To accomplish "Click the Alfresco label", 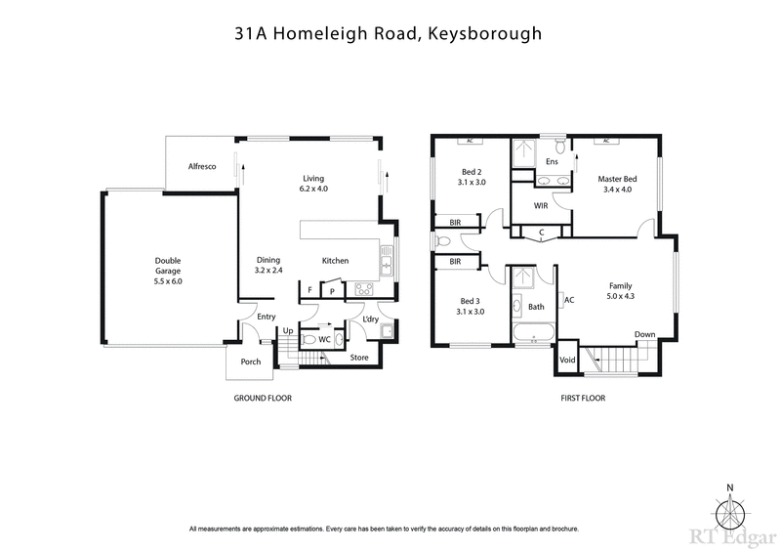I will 202,168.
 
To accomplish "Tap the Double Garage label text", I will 168,261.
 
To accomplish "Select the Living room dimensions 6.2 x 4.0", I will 313,189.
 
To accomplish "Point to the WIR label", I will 540,206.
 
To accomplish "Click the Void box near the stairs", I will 567,361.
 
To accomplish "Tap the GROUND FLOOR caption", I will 263,398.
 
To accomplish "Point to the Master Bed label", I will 617,179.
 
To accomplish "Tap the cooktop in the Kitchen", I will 364,288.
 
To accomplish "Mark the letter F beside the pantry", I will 310,290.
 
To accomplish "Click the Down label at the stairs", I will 644,334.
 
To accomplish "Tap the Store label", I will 359,357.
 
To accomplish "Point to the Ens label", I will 552,161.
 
